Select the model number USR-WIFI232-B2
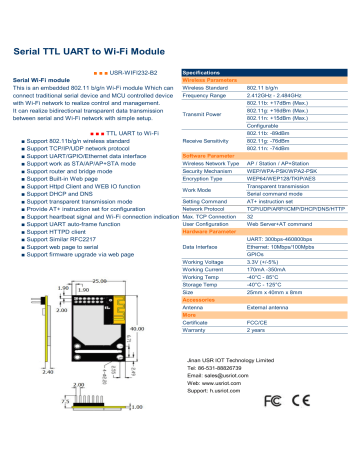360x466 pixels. coord(137,74)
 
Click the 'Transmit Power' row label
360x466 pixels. coord(209,113)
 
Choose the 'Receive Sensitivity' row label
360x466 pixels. coord(213,141)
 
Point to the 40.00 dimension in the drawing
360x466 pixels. coord(138,329)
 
